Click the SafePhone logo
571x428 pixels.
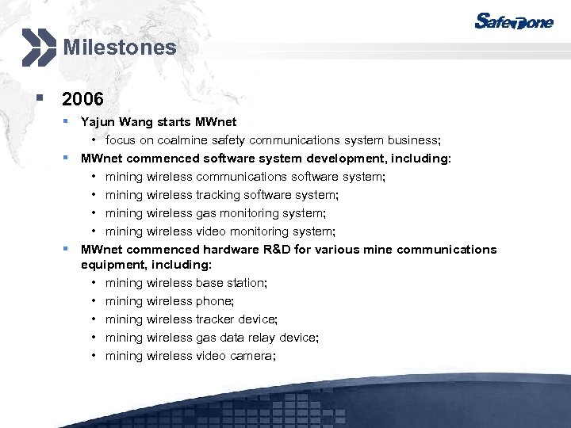click(x=514, y=21)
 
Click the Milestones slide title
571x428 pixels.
click(x=120, y=48)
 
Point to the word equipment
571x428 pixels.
click(x=107, y=265)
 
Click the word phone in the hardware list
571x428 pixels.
click(x=214, y=301)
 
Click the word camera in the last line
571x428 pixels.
click(x=252, y=356)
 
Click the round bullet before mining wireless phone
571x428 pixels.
click(x=94, y=301)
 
